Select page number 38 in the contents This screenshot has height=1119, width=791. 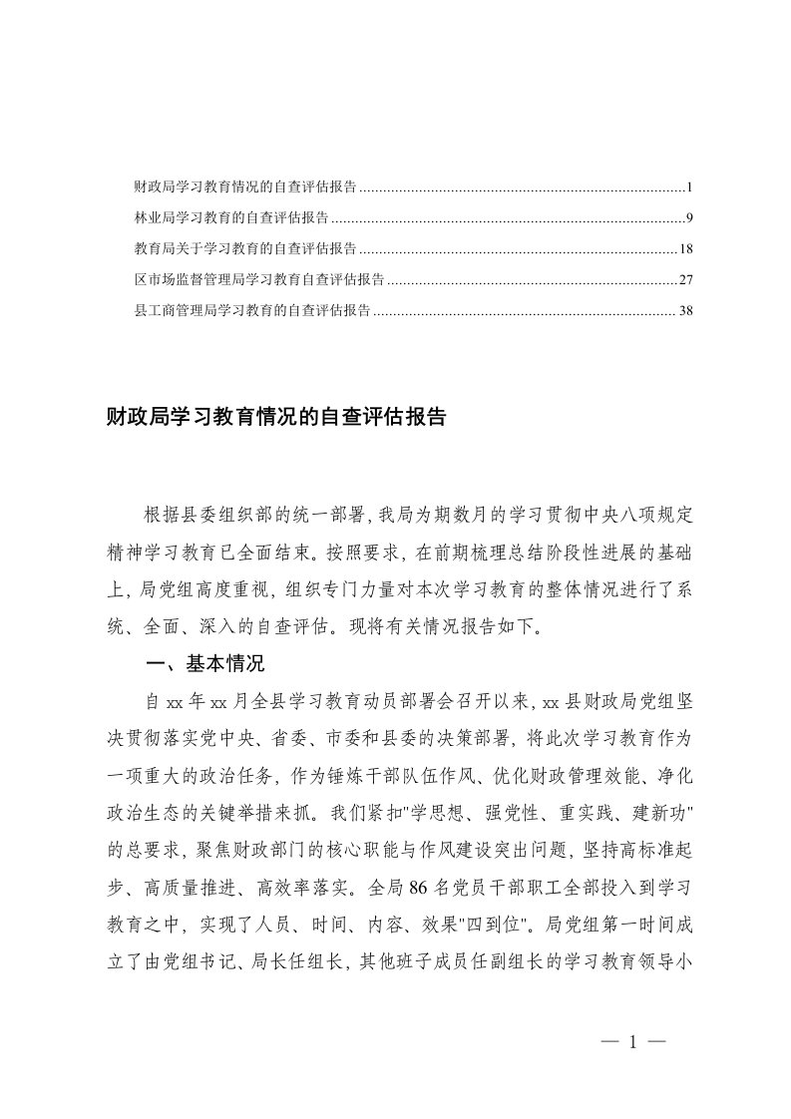click(x=685, y=311)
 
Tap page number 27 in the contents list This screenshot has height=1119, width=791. click(x=685, y=280)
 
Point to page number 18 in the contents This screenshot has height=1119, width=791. click(x=685, y=249)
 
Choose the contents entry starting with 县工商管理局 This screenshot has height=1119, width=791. click(x=253, y=311)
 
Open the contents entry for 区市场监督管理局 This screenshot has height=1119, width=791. click(x=260, y=280)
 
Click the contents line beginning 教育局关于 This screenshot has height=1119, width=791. click(x=246, y=249)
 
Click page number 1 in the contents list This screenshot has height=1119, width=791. click(x=689, y=187)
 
